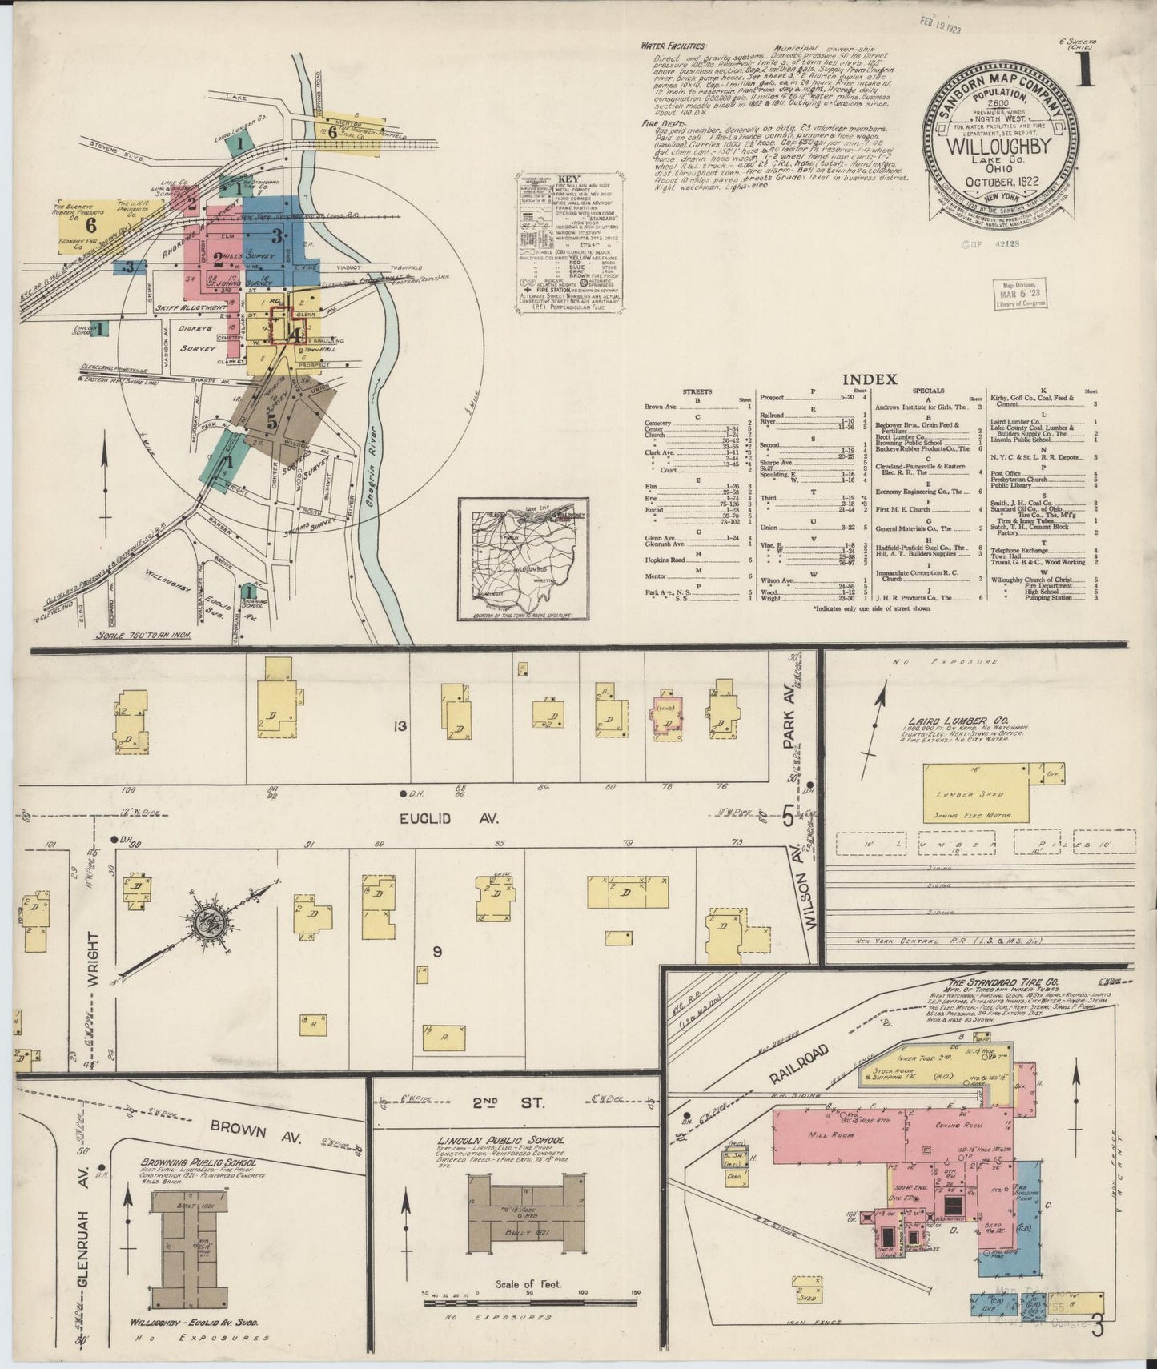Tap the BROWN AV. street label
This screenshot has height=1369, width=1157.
[241, 1124]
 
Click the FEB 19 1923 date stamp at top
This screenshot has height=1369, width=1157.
[939, 20]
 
